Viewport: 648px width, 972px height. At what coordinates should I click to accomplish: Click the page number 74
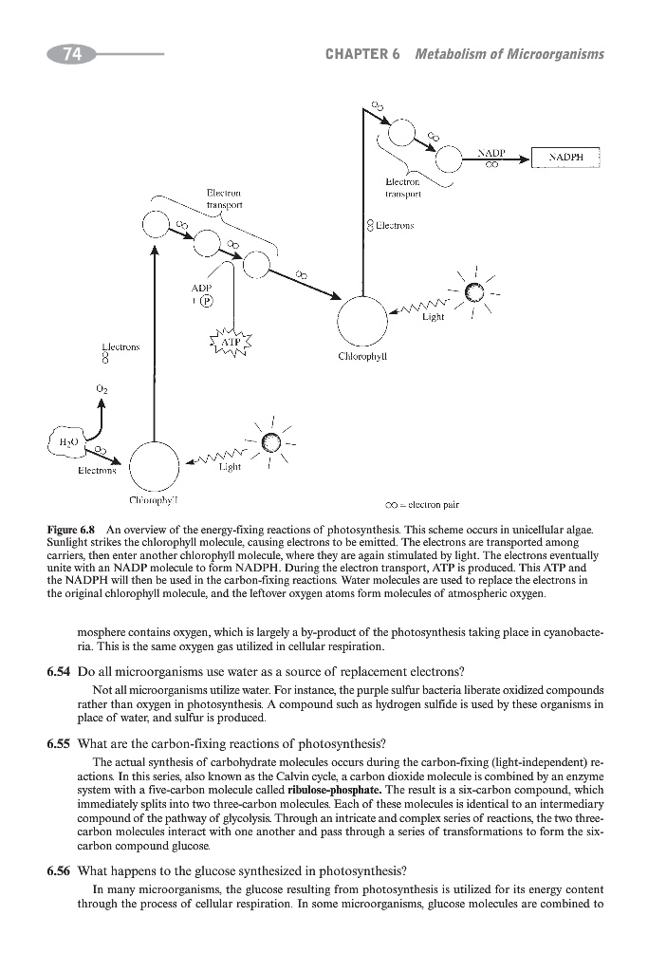coord(69,55)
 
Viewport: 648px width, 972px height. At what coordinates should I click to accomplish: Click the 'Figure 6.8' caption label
coord(73,529)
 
